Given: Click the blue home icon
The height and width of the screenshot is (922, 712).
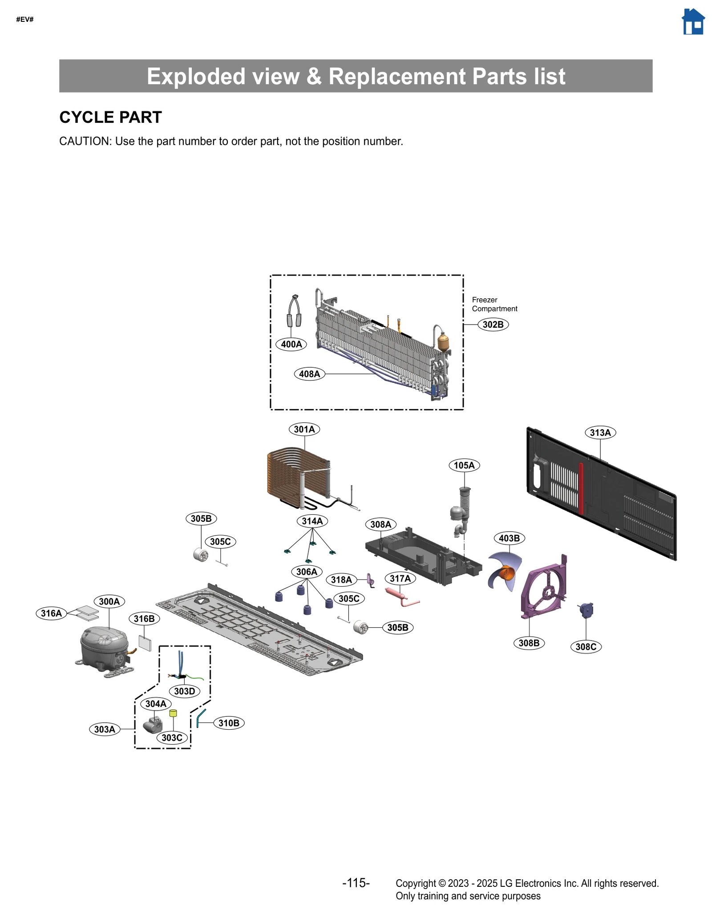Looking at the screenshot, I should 693,22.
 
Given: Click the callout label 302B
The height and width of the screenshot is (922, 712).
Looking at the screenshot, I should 493,325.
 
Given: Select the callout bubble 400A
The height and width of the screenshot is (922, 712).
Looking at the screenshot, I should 291,344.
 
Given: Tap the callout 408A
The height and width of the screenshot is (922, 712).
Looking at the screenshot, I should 309,374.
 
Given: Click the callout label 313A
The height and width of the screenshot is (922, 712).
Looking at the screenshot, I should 600,433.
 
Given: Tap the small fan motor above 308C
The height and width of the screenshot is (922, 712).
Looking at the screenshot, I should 586,610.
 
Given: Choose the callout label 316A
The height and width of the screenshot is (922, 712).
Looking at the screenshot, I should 51,613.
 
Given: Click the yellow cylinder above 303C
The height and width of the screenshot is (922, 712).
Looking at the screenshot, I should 173,713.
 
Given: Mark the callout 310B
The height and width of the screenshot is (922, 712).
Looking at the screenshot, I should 229,723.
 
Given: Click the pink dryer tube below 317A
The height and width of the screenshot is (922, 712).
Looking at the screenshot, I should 400,596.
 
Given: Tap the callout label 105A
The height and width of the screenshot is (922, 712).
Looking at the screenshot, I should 464,466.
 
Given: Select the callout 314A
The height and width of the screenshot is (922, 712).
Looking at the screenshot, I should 312,521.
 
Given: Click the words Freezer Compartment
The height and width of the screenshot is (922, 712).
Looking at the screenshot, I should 494,304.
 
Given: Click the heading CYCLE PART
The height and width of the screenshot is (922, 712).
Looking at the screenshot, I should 110,118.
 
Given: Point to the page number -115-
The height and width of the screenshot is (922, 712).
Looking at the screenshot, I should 356,883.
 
